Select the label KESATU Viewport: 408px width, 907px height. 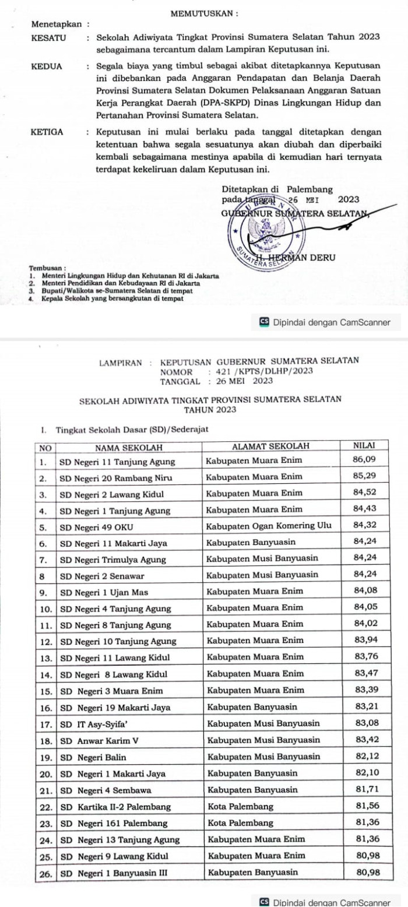(x=49, y=37)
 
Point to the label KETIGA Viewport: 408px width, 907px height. (x=47, y=132)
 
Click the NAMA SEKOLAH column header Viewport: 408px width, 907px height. (x=128, y=448)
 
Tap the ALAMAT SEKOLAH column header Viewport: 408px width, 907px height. (x=270, y=446)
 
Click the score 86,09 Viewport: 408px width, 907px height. (x=365, y=459)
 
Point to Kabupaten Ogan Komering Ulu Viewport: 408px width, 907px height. (x=269, y=525)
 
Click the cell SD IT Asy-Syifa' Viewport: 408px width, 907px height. (x=93, y=723)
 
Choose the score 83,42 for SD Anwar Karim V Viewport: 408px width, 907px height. (x=365, y=740)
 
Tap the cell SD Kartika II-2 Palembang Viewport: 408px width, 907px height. (x=115, y=807)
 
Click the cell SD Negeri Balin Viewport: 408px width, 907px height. (x=93, y=757)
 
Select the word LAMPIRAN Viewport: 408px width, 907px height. (x=121, y=363)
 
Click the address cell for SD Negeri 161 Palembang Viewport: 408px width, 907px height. (x=240, y=823)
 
